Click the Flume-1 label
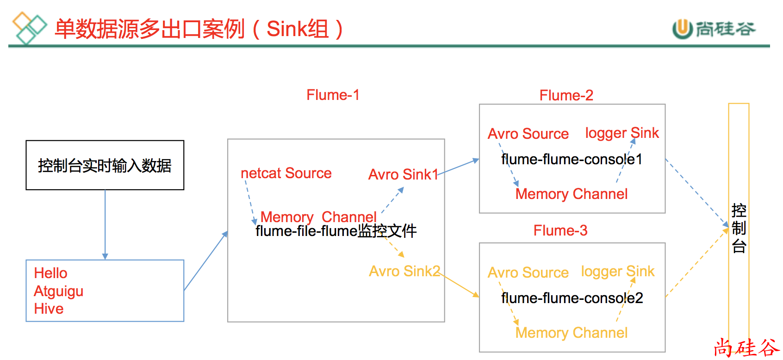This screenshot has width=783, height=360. pos(333,95)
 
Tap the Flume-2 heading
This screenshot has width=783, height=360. pos(566,95)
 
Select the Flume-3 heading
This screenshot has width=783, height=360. pos(560,230)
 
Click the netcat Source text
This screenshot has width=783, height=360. pos(286,173)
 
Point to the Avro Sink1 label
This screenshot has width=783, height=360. pos(403,174)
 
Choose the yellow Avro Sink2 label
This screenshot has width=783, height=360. pos(404,271)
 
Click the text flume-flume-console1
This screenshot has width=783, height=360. pos(572,159)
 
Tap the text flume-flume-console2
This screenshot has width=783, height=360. pos(572,298)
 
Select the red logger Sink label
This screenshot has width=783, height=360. pos(621,133)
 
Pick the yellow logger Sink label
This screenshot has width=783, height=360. pos(617,271)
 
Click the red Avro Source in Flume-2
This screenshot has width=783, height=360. pos(528,134)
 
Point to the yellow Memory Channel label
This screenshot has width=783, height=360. pos(571,333)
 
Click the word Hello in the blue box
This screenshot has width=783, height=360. pos(51,273)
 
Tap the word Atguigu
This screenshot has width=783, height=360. pos(59,291)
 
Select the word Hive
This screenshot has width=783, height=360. pos(49,309)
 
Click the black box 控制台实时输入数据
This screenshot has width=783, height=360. pos(105,165)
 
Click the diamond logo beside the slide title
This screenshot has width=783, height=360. pos(29,28)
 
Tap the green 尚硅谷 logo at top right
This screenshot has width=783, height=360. pos(714,29)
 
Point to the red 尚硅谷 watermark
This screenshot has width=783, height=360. pos(746,348)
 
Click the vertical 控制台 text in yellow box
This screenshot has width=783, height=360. pos(739,228)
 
